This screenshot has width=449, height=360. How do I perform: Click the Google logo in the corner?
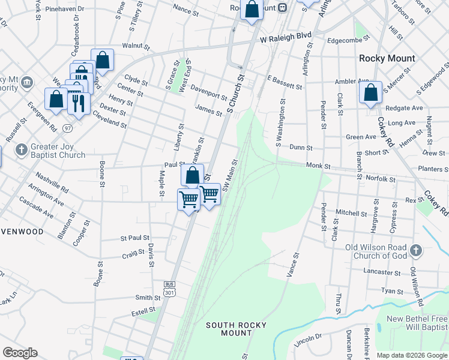pyautogui.click(x=20, y=353)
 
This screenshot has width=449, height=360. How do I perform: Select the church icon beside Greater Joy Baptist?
pyautogui.click(x=20, y=149)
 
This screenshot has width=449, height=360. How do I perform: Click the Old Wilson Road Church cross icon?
pyautogui.click(x=416, y=250)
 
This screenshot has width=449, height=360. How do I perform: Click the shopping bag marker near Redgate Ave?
pyautogui.click(x=370, y=93)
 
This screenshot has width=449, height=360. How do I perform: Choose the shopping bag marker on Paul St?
pyautogui.click(x=192, y=175)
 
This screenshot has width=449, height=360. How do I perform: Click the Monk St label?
pyautogui.click(x=318, y=165)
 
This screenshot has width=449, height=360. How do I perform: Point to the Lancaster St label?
pyautogui.click(x=382, y=272)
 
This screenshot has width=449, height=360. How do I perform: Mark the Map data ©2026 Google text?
pyautogui.click(x=412, y=355)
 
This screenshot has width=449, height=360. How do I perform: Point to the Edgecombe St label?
pyautogui.click(x=351, y=41)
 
